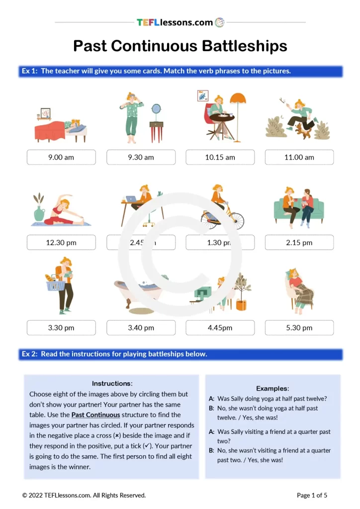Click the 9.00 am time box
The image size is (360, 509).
pyautogui.click(x=61, y=157)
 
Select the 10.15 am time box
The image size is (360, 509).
pyautogui.click(x=220, y=157)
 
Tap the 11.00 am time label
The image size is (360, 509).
pyautogui.click(x=299, y=157)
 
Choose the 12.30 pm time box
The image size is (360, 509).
pyautogui.click(x=61, y=243)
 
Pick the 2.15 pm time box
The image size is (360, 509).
pyautogui.click(x=299, y=243)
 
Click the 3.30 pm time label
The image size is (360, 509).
pyautogui.click(x=61, y=328)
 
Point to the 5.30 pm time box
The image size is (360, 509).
pyautogui.click(x=299, y=328)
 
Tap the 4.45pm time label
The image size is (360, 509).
pyautogui.click(x=220, y=328)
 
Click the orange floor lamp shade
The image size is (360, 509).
pyautogui.click(x=238, y=99)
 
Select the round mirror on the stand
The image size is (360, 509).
pyautogui.click(x=156, y=109)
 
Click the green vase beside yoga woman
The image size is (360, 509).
pyautogui.click(x=39, y=213)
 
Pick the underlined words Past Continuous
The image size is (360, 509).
pyautogui.click(x=95, y=415)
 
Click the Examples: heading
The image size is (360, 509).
pyautogui.click(x=272, y=388)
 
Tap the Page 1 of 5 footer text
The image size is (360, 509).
pyautogui.click(x=312, y=495)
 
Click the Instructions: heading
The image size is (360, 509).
pyautogui.click(x=112, y=383)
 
